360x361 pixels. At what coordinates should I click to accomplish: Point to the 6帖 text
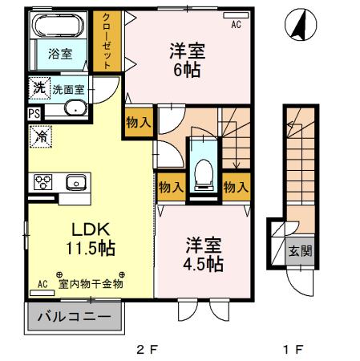pyautogui.click(x=187, y=68)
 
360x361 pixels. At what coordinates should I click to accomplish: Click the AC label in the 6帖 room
pyautogui.click(x=236, y=26)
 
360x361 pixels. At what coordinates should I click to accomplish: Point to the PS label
pyautogui.click(x=33, y=114)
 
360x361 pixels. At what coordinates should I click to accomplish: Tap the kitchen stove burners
pyautogui.click(x=42, y=182)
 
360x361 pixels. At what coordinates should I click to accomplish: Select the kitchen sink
pyautogui.click(x=75, y=182)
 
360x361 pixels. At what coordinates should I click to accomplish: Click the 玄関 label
pyautogui.click(x=300, y=249)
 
